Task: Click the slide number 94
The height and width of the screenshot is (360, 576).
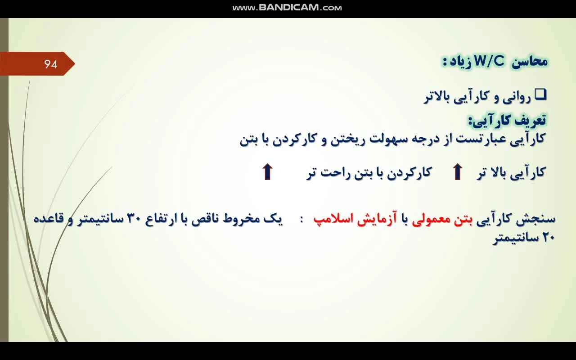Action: (51, 64)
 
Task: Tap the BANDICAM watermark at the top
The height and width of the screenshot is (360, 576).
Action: (287, 8)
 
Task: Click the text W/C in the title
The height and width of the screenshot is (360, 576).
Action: (489, 62)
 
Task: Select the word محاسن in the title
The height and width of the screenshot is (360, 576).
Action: (530, 62)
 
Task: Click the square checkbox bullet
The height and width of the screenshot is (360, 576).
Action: (541, 94)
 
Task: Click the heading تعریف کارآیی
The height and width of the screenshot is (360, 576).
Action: (507, 120)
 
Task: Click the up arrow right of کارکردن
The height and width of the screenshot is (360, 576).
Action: (458, 171)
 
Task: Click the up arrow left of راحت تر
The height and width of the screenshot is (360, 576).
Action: (267, 171)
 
